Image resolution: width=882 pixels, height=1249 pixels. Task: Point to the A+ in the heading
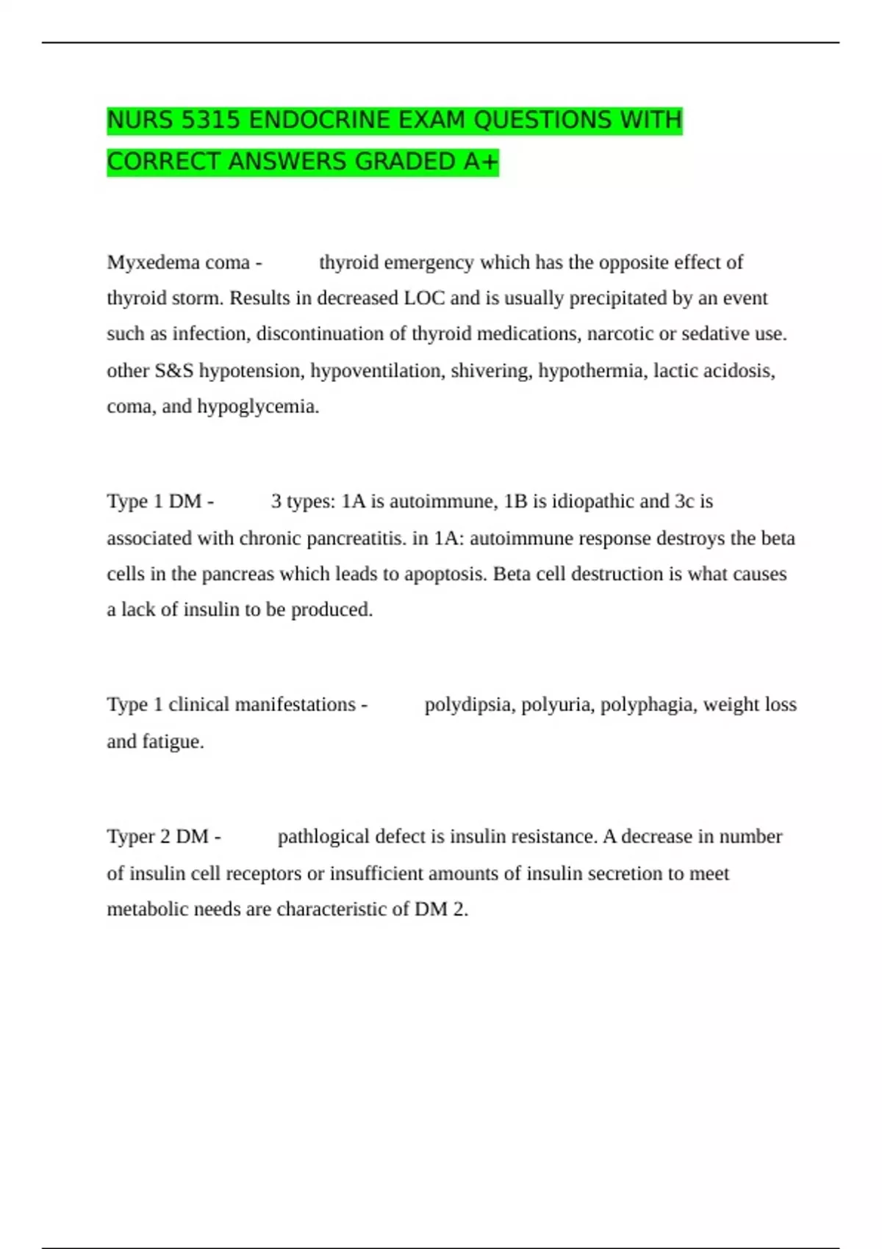481,161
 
